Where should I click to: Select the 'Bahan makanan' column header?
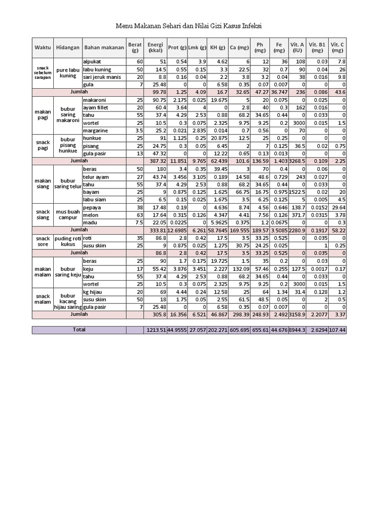coord(104,47)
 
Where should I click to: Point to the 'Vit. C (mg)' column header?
coord(338,47)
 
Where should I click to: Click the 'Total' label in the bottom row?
coord(78,329)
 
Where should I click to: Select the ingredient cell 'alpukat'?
coord(92,61)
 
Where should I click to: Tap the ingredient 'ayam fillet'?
coord(97,108)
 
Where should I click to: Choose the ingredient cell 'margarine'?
coord(96,131)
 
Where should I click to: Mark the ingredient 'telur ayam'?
coord(96,177)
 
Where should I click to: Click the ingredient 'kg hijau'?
coord(94,291)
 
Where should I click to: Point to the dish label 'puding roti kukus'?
coord(67,241)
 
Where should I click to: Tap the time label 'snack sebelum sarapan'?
coord(43,73)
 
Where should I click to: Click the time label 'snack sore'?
coord(43,241)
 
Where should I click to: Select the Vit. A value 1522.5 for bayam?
coord(297,192)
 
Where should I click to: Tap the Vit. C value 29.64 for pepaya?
coord(338,207)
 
